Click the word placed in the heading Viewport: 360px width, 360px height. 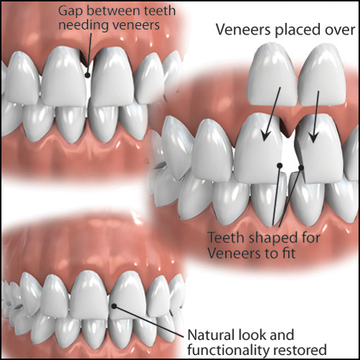click(x=298, y=30)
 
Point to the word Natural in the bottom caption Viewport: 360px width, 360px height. click(x=208, y=335)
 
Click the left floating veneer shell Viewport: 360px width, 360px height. click(x=274, y=75)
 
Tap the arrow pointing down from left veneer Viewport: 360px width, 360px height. click(x=271, y=114)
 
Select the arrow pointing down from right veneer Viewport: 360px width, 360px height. click(x=316, y=117)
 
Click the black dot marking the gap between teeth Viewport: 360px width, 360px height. click(x=88, y=75)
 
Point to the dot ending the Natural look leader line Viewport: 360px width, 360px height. click(x=114, y=306)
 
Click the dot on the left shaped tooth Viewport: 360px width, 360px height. click(x=279, y=166)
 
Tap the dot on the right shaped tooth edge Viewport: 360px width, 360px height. click(x=301, y=168)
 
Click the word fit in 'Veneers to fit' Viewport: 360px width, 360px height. click(x=289, y=253)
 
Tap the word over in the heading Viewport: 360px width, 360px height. click(x=340, y=30)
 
